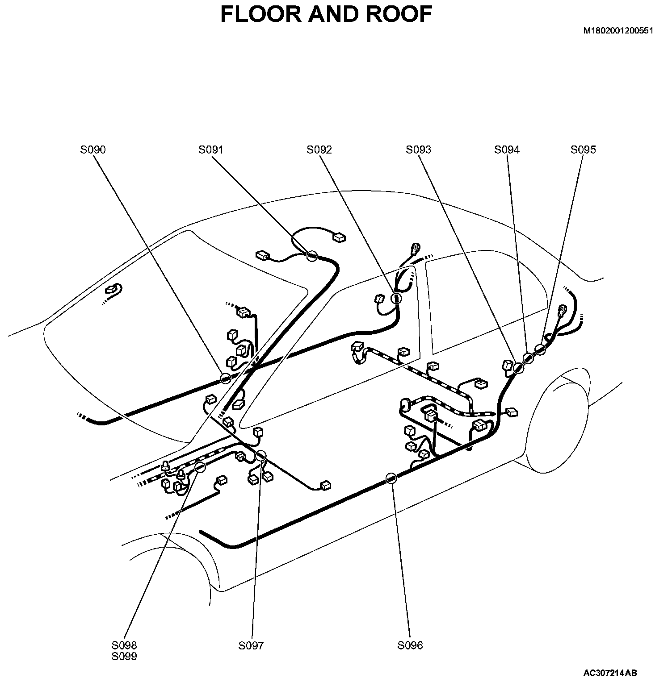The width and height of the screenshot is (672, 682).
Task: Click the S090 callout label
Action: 93,150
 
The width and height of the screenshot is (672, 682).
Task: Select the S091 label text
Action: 211,150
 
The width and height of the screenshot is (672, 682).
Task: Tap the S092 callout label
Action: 319,150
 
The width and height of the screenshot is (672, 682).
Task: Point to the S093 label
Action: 419,150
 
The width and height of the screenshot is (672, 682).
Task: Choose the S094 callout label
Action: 507,150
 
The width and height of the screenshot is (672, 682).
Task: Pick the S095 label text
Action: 583,150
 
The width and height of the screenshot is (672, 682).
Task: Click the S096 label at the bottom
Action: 410,645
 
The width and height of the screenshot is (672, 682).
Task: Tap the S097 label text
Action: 251,645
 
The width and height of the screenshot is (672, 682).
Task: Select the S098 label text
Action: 125,645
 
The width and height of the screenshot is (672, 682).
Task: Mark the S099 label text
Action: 125,657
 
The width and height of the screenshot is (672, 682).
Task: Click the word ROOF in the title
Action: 399,14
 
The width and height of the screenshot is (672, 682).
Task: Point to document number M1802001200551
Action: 618,31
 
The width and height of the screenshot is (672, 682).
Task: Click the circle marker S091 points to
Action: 312,256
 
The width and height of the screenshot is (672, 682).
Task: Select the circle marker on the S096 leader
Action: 391,478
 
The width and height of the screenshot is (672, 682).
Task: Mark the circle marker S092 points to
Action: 396,299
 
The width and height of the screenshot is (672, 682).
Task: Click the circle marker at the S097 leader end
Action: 260,456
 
